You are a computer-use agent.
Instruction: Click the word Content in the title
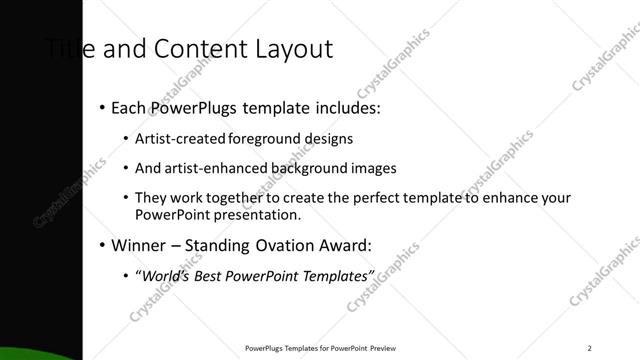(185, 48)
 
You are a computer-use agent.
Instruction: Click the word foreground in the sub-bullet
(262, 138)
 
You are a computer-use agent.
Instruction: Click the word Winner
(140, 245)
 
